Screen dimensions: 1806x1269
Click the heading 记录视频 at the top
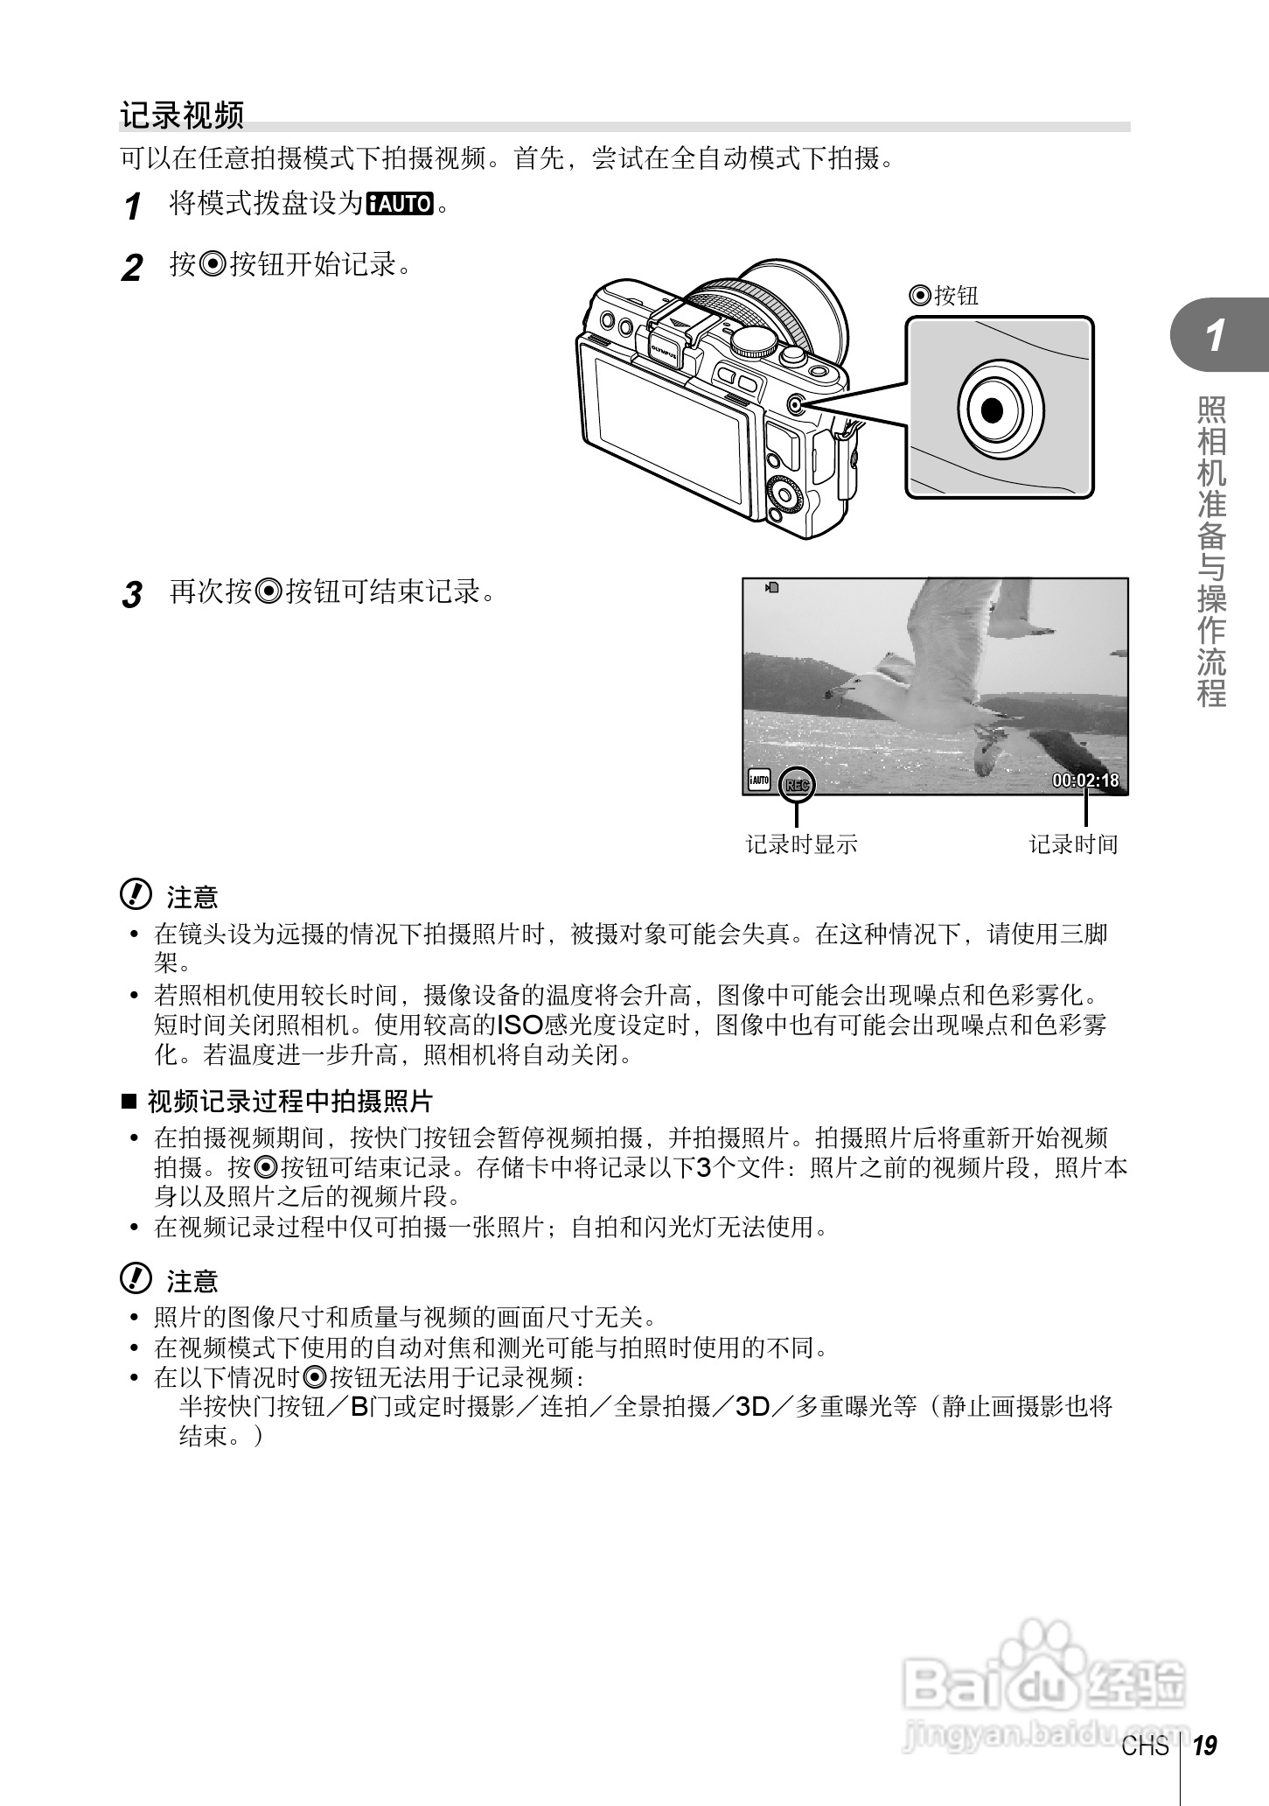(182, 115)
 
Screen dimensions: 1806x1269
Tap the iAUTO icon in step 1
(401, 205)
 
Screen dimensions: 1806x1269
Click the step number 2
(132, 267)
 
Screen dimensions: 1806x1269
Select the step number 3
(131, 596)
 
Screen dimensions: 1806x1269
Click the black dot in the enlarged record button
(992, 409)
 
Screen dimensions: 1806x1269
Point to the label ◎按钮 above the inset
(944, 296)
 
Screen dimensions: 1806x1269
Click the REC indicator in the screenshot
(796, 784)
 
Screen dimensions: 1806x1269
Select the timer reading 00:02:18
(1085, 780)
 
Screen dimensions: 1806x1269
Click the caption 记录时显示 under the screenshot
(801, 844)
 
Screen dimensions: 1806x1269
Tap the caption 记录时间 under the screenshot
(1073, 844)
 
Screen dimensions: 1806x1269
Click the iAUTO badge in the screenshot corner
(758, 780)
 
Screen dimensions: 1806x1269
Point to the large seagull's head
(853, 685)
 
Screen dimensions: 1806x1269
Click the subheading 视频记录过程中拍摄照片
(289, 1101)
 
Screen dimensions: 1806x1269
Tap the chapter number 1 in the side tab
(1215, 336)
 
